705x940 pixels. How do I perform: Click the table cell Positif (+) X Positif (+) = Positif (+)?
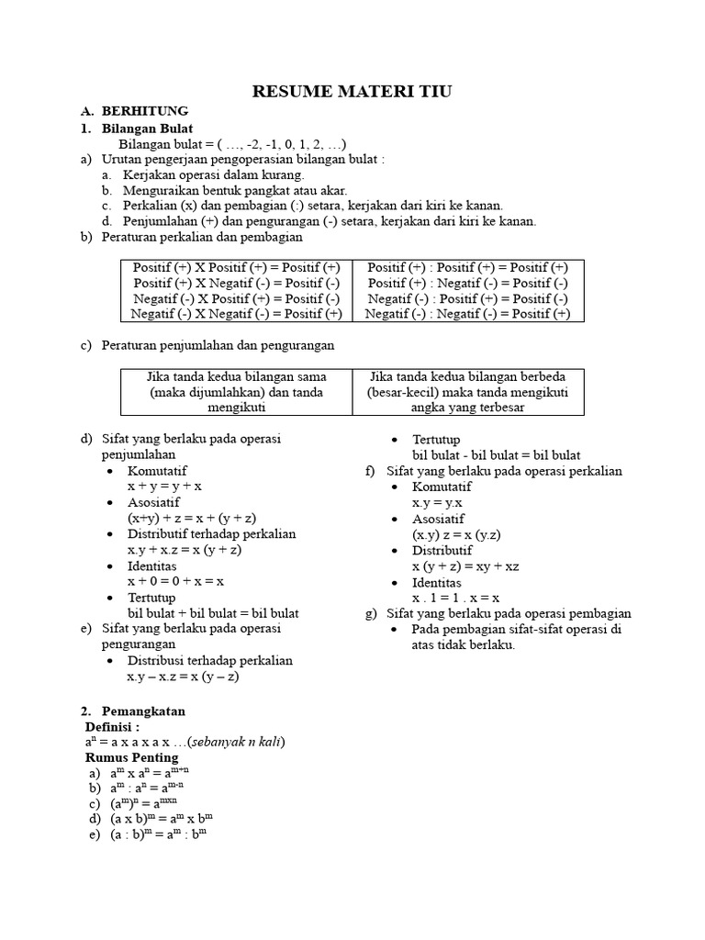(236, 267)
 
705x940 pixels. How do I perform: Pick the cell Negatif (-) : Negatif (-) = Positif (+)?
(467, 313)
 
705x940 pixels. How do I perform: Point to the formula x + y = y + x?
(165, 487)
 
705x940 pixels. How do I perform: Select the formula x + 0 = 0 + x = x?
(176, 581)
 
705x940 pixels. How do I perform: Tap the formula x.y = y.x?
(437, 503)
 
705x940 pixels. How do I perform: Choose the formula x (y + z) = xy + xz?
(465, 566)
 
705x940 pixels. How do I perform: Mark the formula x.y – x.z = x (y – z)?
(183, 677)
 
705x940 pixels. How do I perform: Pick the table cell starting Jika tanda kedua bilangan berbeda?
(467, 392)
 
